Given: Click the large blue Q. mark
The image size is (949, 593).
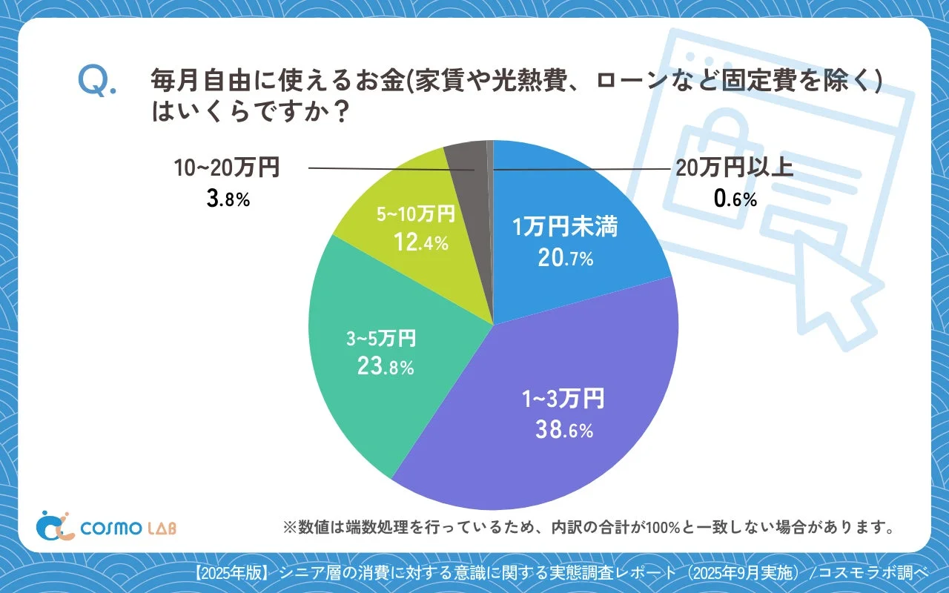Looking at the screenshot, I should pyautogui.click(x=96, y=82).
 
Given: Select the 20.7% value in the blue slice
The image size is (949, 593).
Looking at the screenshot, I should pyautogui.click(x=566, y=258).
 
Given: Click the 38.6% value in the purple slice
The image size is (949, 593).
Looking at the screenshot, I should pyautogui.click(x=564, y=430).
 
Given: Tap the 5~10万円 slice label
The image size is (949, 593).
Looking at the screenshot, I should pyautogui.click(x=415, y=215).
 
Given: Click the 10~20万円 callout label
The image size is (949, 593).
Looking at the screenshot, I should pyautogui.click(x=227, y=168).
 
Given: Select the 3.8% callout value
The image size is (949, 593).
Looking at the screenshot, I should pyautogui.click(x=228, y=198).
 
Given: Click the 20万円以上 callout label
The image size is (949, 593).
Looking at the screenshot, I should pyautogui.click(x=734, y=168).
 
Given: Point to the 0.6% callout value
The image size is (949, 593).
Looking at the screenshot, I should pyautogui.click(x=734, y=198).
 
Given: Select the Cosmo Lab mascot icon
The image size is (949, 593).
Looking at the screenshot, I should pyautogui.click(x=55, y=525).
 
